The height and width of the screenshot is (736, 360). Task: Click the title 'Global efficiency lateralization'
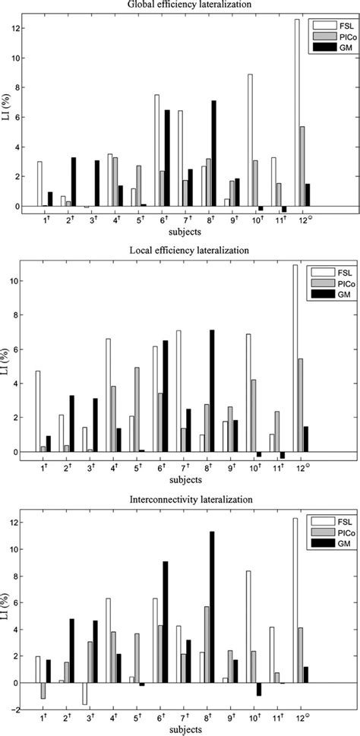click(179, 5)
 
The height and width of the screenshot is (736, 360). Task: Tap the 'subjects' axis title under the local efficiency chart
click(179, 479)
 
